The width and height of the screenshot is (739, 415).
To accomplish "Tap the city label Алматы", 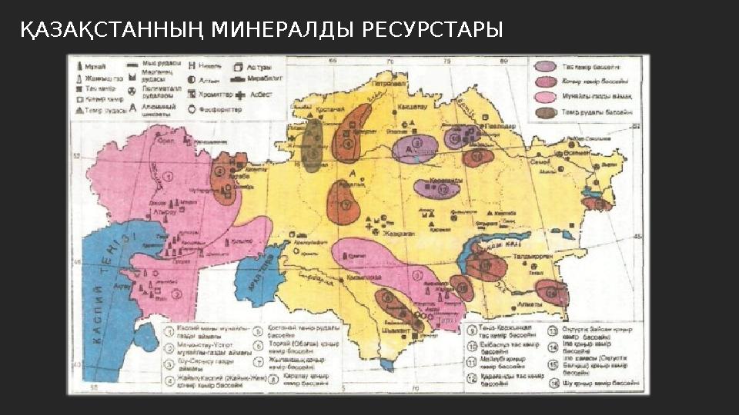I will tap(531, 305).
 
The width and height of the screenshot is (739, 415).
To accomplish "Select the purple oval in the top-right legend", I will tap(547, 68).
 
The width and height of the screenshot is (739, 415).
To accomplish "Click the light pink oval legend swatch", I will tap(547, 97).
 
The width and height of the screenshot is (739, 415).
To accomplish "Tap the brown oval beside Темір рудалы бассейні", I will tap(547, 112).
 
